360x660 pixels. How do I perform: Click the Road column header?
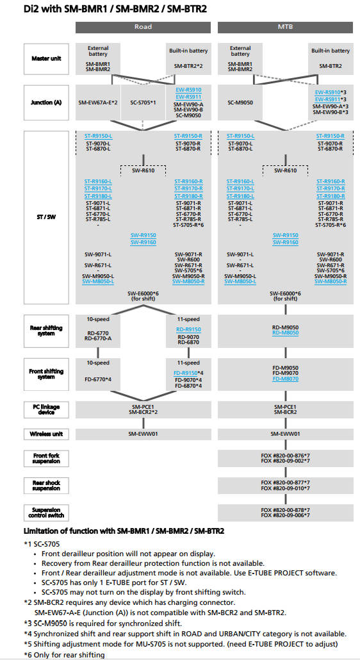(x=143, y=27)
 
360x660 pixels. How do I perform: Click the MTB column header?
(x=286, y=27)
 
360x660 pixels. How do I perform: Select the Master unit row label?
(x=46, y=58)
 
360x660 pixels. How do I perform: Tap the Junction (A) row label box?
(x=46, y=103)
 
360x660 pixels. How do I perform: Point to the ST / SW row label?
(x=46, y=217)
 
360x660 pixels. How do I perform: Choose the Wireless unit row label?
(x=46, y=434)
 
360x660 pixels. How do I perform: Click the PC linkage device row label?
(x=46, y=409)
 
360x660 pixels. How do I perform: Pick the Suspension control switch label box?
(x=46, y=512)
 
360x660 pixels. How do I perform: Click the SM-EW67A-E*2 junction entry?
(x=98, y=103)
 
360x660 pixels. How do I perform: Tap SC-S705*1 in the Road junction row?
(x=143, y=103)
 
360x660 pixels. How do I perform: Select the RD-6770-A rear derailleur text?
(x=98, y=338)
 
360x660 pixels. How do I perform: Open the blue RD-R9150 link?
(x=188, y=329)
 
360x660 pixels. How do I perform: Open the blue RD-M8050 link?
(x=286, y=333)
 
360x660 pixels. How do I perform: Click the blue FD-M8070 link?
(x=286, y=379)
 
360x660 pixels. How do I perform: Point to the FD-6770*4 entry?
(x=98, y=379)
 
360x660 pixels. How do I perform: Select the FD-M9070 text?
(x=286, y=373)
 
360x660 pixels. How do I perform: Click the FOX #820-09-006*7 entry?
(x=286, y=515)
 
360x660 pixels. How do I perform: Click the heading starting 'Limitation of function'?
(x=124, y=531)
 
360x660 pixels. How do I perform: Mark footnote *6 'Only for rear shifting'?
(x=64, y=654)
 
